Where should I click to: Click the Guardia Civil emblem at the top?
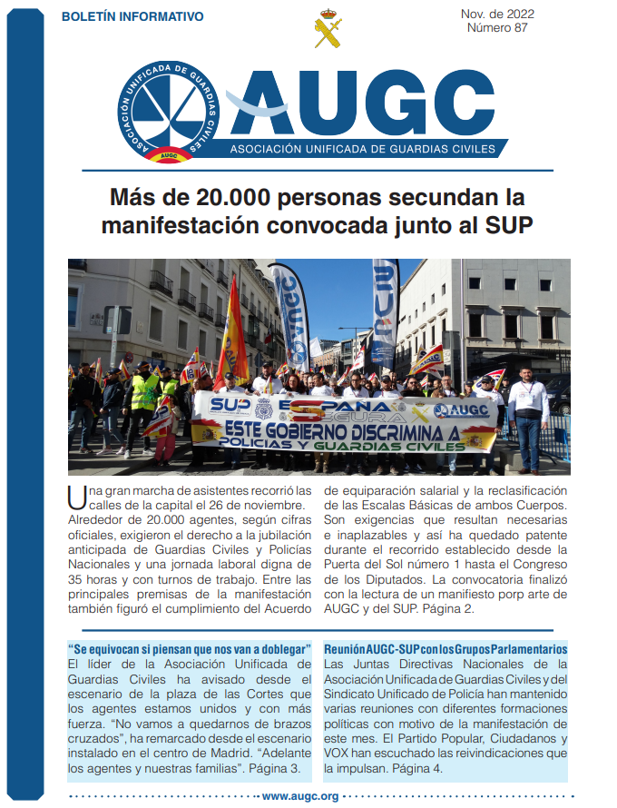(x=328, y=29)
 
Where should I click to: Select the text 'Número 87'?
(x=497, y=28)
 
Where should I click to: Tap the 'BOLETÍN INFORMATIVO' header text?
(x=132, y=16)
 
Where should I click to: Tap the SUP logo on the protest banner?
(x=230, y=403)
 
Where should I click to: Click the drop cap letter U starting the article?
(x=77, y=496)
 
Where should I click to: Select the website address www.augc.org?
(x=300, y=796)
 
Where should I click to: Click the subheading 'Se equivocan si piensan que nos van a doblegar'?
(x=190, y=649)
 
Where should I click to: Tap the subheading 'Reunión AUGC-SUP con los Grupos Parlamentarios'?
(x=446, y=649)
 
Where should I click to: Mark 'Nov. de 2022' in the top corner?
(x=497, y=14)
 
